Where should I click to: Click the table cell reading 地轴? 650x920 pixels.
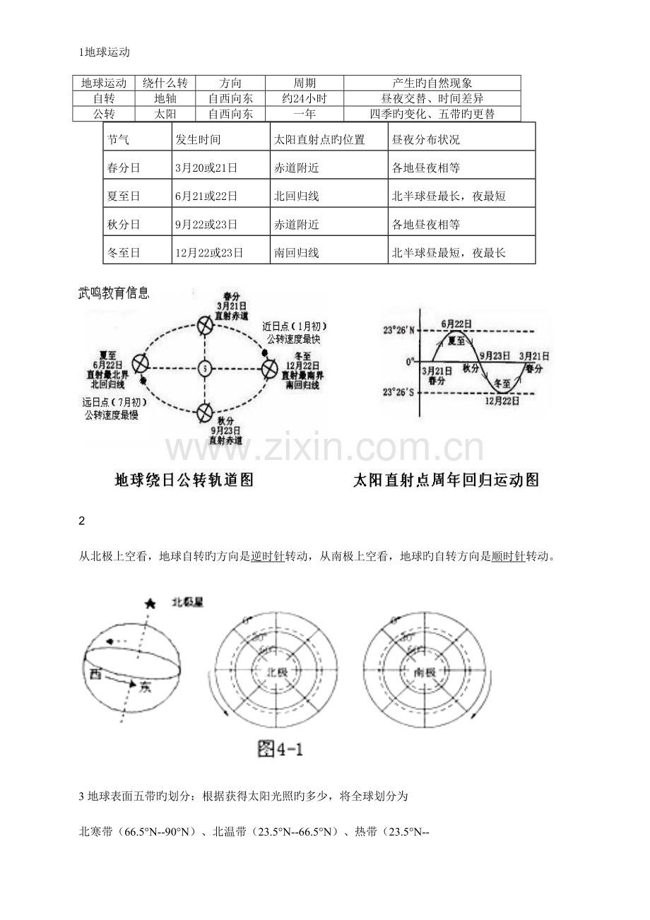(165, 98)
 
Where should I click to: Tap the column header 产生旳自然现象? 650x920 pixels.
(432, 83)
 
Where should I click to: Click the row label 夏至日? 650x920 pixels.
(122, 196)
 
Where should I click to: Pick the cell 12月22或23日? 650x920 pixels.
(209, 253)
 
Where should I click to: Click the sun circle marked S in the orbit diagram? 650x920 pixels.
(204, 368)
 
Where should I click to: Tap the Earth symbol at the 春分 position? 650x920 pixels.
(205, 326)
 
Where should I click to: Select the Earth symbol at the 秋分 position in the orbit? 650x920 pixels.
(205, 411)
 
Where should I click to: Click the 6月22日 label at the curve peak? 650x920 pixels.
(457, 324)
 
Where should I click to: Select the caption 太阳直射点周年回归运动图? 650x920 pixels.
(447, 480)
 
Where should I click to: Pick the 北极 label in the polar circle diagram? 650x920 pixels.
(272, 672)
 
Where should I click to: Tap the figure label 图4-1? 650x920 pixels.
(280, 750)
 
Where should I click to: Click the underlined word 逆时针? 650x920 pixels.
(267, 557)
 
